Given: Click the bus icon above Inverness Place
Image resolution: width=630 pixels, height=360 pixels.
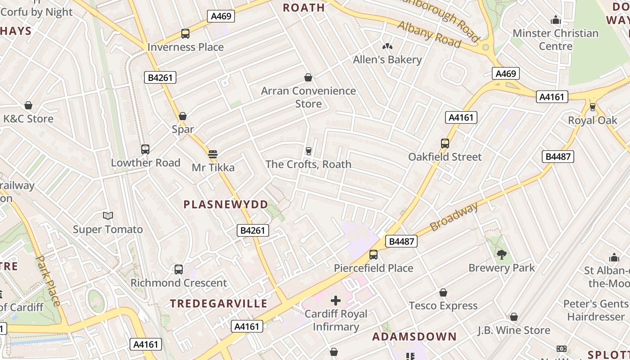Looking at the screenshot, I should click(x=185, y=33).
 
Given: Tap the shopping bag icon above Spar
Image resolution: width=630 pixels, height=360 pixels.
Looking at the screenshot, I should click(x=183, y=116).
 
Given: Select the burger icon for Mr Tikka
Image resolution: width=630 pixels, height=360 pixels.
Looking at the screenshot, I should click(x=213, y=154).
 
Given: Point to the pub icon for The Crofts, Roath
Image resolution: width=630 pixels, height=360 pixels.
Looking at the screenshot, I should click(x=308, y=151).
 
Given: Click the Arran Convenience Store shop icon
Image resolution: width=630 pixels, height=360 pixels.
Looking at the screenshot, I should click(x=308, y=77).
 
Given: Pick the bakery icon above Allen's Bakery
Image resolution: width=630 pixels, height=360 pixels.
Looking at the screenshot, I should click(x=387, y=46).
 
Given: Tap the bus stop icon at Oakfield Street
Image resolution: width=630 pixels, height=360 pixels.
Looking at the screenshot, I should click(x=445, y=143).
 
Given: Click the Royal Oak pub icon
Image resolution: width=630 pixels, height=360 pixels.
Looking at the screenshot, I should click(x=592, y=107).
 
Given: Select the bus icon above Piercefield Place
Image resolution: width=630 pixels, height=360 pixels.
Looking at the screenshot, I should click(x=373, y=254).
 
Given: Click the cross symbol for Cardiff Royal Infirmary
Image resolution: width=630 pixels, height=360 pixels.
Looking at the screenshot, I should click(x=336, y=300).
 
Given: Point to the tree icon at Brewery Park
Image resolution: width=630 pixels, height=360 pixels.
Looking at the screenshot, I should click(x=501, y=254).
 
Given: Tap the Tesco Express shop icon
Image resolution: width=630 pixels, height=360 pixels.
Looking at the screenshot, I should click(x=443, y=292).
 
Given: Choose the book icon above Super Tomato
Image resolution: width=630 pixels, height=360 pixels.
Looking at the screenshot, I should click(x=108, y=216).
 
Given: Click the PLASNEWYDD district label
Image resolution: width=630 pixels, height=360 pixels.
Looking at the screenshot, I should click(x=225, y=204).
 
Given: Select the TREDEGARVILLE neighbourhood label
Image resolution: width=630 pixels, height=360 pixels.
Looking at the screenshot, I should click(x=219, y=303).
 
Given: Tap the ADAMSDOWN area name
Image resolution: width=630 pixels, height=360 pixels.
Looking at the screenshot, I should click(x=414, y=337).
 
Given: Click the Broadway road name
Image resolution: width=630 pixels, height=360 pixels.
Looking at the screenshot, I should click(x=454, y=216).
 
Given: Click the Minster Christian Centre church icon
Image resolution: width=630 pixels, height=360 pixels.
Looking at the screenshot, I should click(x=555, y=20).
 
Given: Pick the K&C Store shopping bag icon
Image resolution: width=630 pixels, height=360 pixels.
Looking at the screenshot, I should click(x=28, y=105).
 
